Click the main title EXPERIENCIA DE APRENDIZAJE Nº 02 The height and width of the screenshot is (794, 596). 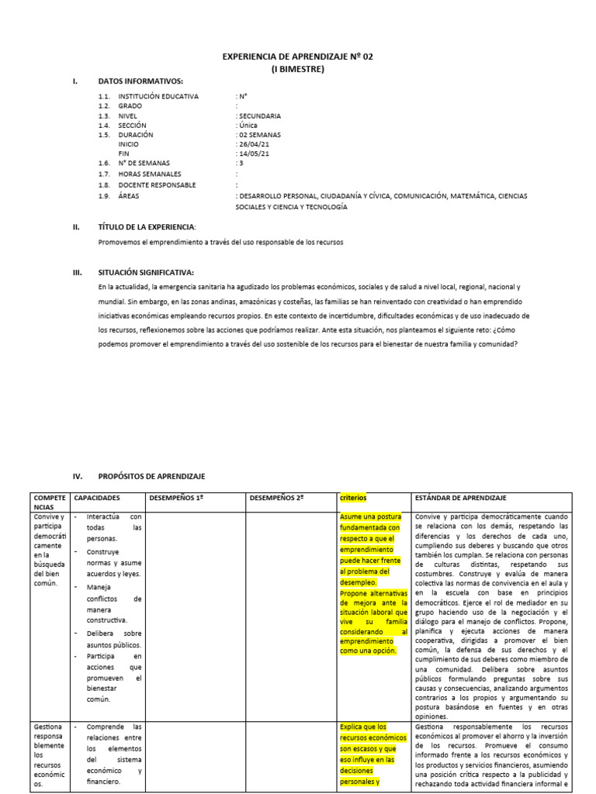[298, 57]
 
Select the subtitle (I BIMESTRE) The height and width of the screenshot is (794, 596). [298, 69]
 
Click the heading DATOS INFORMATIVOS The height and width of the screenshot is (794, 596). [140, 81]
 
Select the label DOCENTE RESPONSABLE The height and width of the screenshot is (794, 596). [157, 185]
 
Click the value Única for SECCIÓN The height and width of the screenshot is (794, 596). [249, 125]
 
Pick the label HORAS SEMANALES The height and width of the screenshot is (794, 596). [150, 174]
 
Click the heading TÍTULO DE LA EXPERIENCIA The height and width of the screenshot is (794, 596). [147, 227]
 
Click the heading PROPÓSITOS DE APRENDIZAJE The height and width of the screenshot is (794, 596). [151, 476]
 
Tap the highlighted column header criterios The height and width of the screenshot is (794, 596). [353, 497]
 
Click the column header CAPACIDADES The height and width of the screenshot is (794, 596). [97, 497]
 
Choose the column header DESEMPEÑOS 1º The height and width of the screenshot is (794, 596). [176, 497]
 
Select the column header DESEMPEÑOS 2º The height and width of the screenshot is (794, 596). [276, 497]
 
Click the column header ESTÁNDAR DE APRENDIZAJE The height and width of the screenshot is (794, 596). [465, 497]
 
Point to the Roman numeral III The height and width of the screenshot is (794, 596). [76, 272]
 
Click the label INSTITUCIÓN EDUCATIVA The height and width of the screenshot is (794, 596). [158, 96]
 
